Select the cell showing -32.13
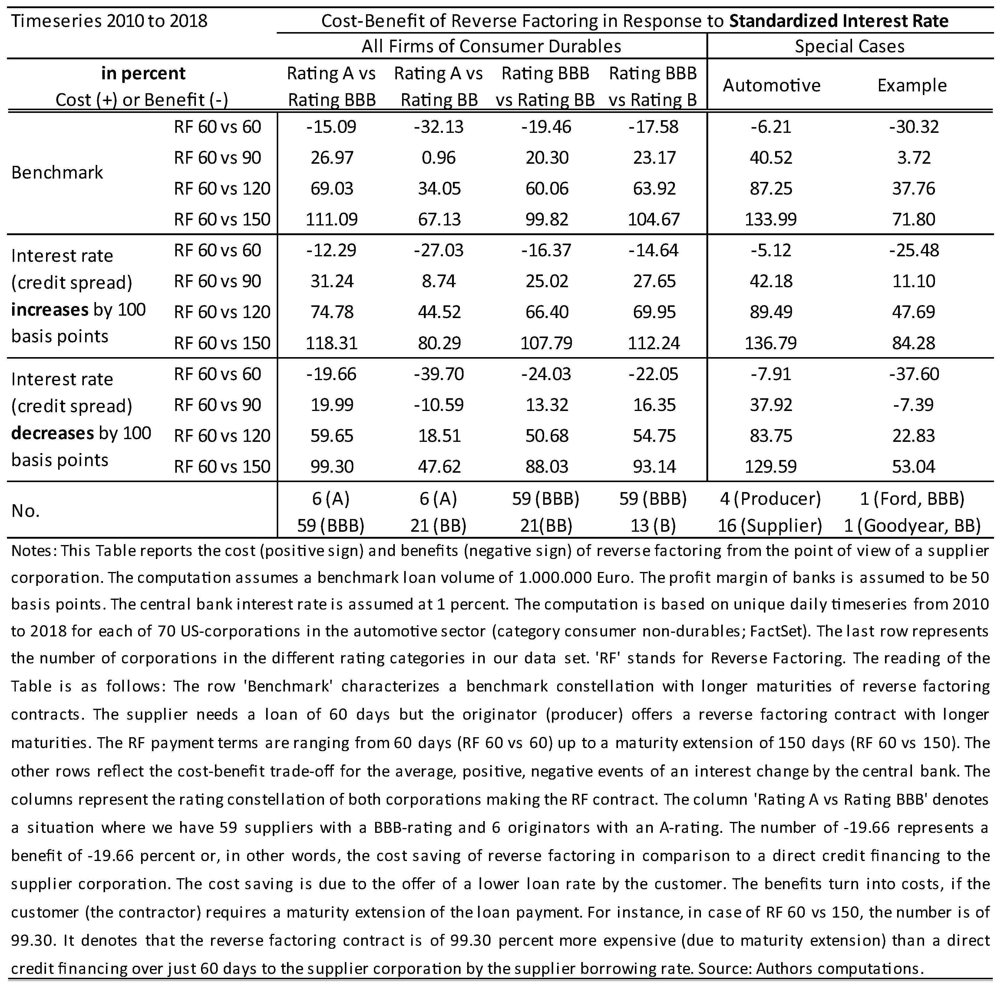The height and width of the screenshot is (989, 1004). (439, 127)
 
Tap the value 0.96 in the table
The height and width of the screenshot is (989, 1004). (439, 157)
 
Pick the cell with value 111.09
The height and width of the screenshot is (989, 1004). (332, 219)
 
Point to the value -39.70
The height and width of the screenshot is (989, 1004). (439, 374)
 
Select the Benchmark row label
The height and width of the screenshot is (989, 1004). (57, 172)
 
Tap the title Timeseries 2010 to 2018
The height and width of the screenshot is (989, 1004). (109, 21)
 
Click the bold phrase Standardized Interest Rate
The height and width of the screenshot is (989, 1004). (839, 21)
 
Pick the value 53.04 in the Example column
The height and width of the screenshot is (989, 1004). (913, 466)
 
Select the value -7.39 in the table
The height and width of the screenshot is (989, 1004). (913, 405)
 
